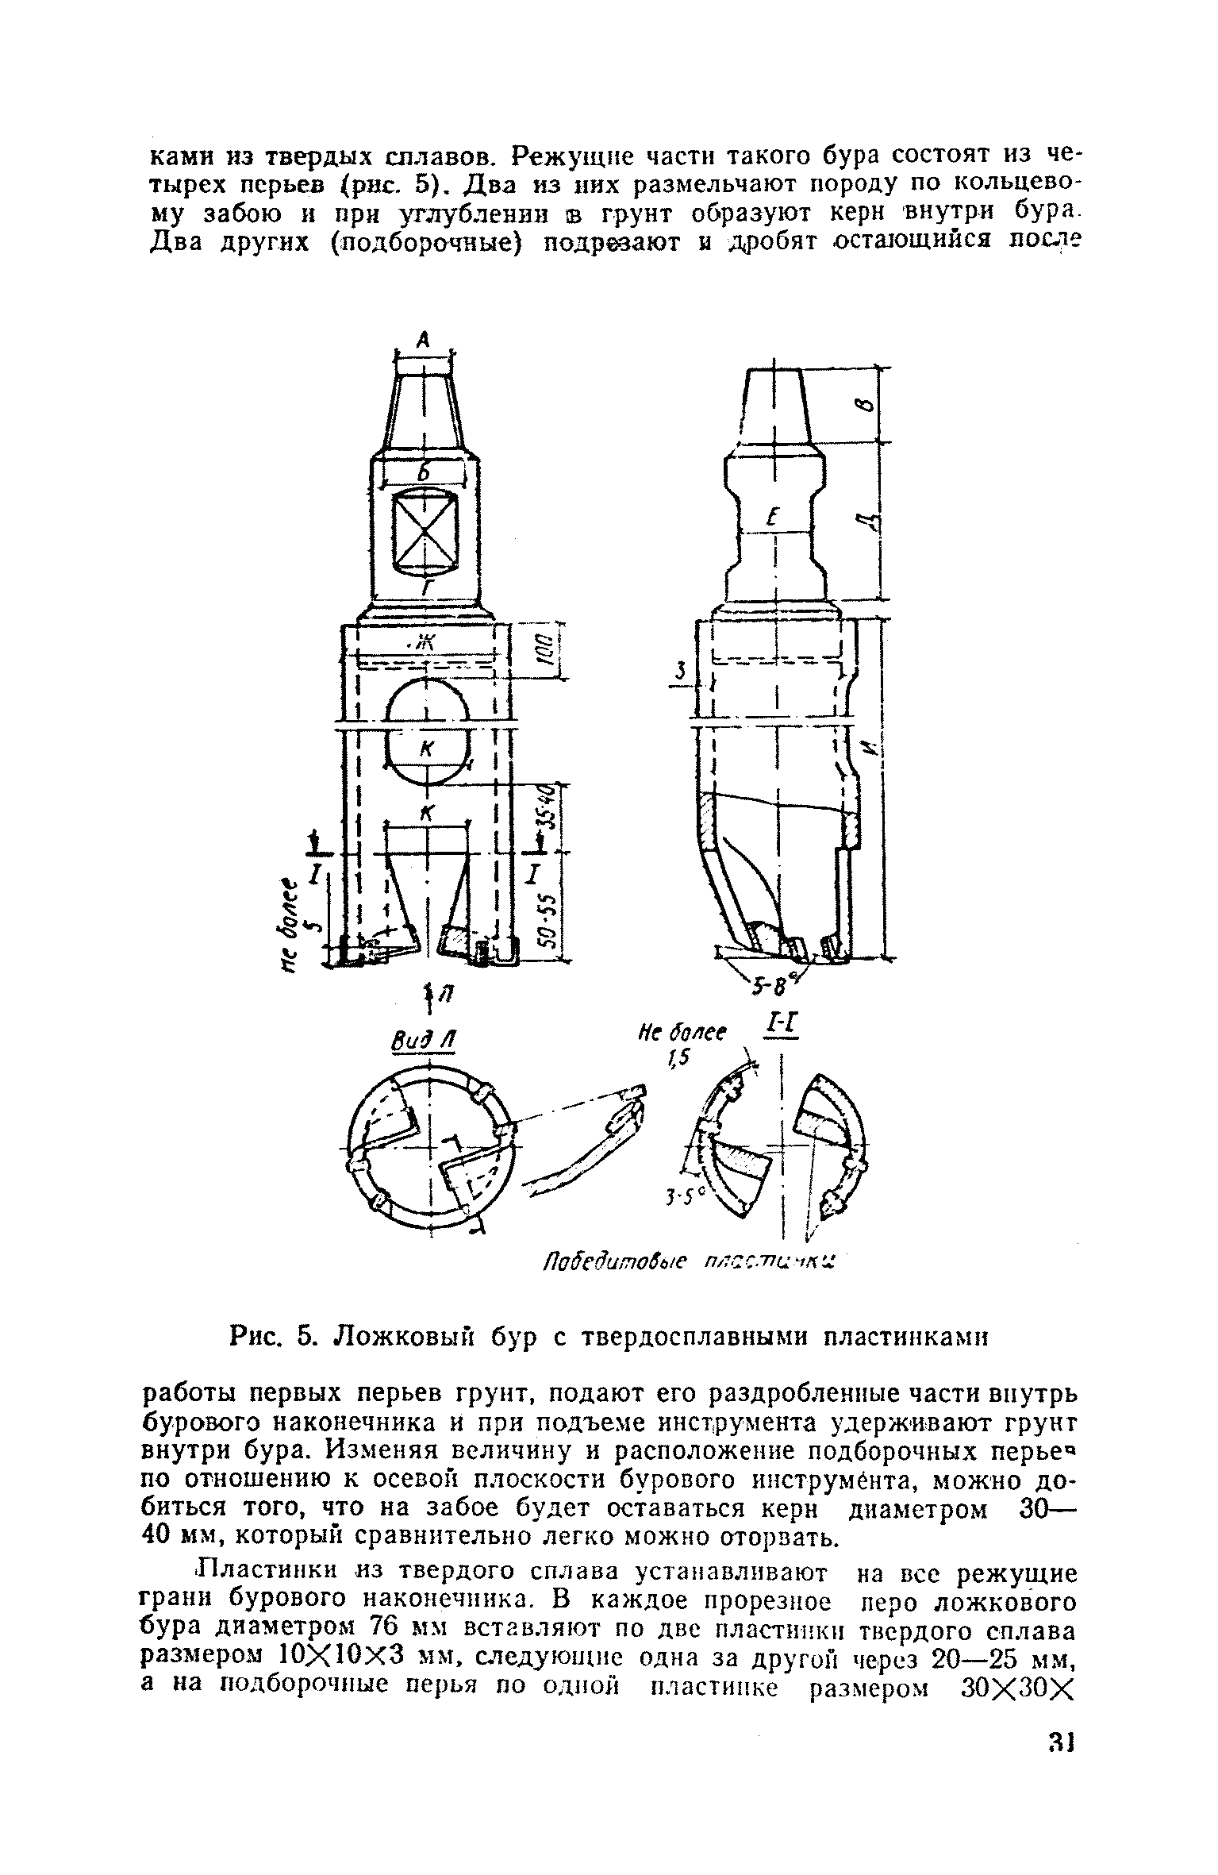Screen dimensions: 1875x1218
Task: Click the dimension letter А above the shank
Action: (x=423, y=339)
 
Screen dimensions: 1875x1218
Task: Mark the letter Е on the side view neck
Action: (x=772, y=517)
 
